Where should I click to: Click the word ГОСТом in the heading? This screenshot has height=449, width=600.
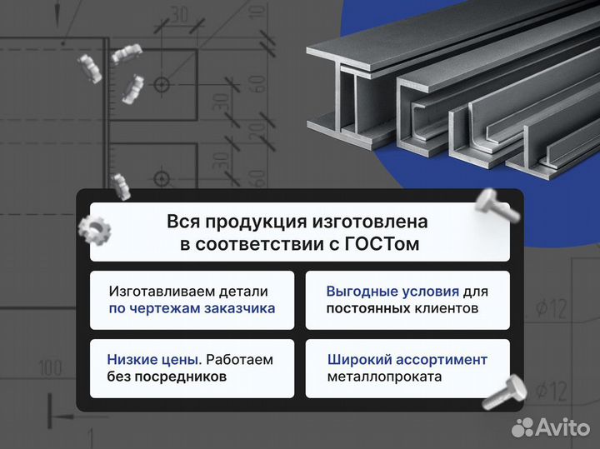(x=385, y=244)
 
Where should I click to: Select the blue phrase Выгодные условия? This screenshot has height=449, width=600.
(x=392, y=292)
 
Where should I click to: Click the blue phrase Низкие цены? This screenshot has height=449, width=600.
(x=153, y=360)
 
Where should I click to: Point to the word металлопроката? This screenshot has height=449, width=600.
(x=385, y=377)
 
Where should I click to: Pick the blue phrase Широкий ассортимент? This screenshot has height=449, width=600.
(x=407, y=360)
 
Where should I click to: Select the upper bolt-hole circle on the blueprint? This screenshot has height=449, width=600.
(x=160, y=84)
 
